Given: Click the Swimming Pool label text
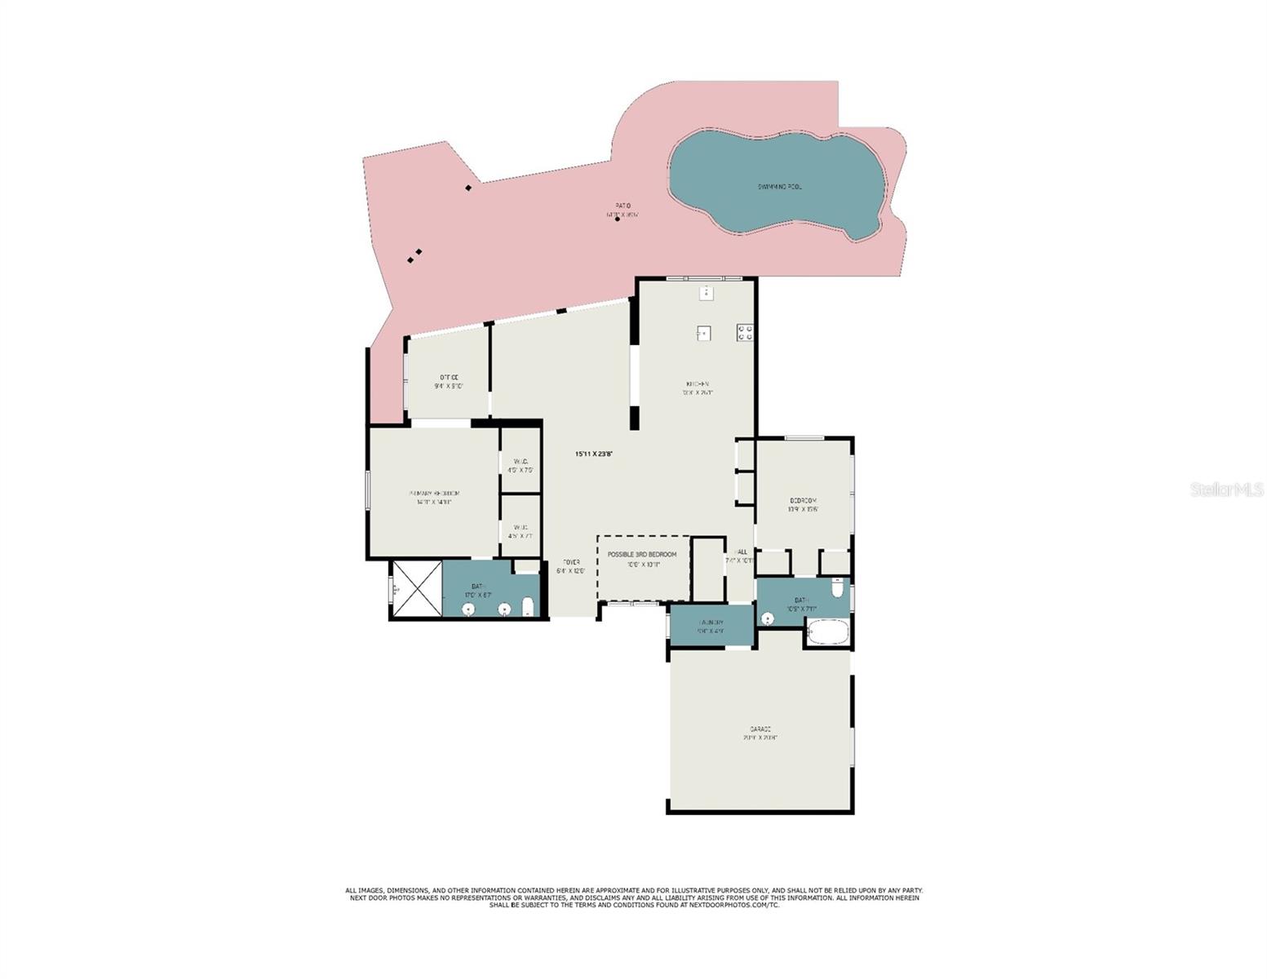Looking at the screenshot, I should pos(778,187).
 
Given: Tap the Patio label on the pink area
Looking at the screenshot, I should pos(622,206).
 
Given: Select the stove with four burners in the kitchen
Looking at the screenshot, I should pos(745,332).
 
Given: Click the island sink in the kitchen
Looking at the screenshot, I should pos(703,333).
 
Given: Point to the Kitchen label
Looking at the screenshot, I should pos(697,383).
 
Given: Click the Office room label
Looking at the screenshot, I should pos(449,377).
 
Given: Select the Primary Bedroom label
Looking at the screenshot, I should pos(434,494).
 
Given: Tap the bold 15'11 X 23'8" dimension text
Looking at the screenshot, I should pos(593,454).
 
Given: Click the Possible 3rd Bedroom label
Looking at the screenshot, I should pos(641,555).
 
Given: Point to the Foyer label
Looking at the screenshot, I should pos(571,562).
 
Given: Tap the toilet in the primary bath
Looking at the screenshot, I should pos(528,606).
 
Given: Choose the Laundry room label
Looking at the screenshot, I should pos(711,622).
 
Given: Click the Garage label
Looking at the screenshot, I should pos(760,729).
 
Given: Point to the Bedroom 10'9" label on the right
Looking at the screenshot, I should pos(803,500).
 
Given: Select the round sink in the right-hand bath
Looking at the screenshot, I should pos(768,619).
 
